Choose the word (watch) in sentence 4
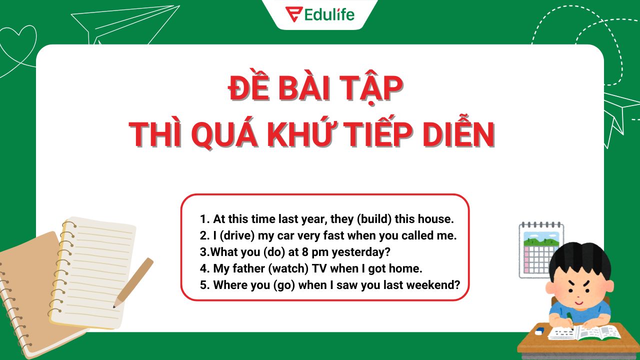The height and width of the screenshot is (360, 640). coord(288,268)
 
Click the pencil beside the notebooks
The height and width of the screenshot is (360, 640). coord(133,282)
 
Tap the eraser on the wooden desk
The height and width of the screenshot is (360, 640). coord(538,331)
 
